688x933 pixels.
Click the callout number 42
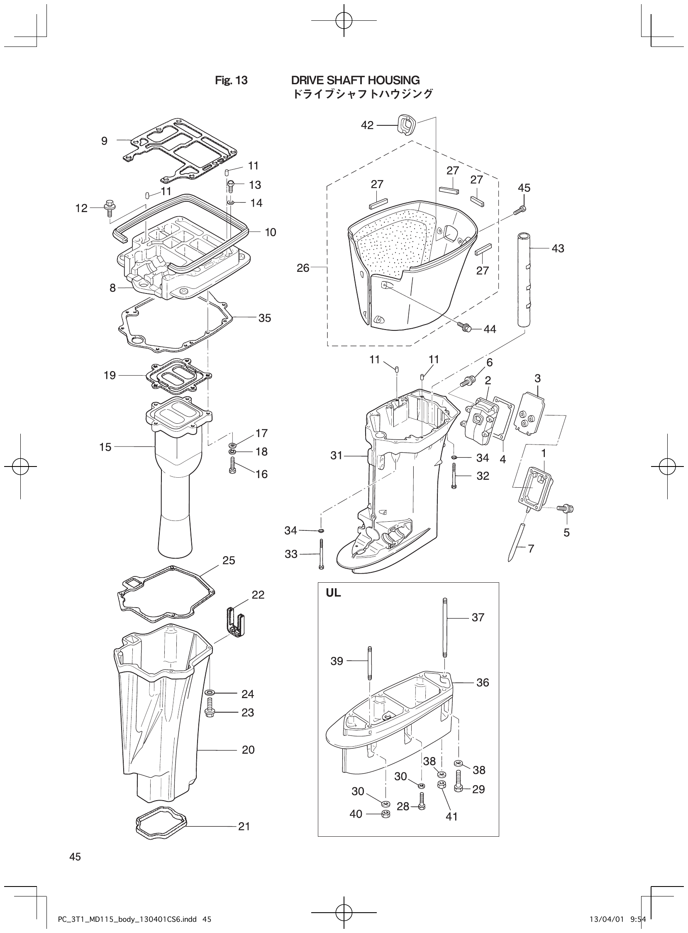coord(367,125)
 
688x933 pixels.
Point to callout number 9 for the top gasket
coord(104,141)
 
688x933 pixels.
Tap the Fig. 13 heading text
coord(231,81)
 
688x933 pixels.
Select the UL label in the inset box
coord(333,593)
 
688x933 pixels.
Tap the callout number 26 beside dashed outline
coord(303,268)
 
